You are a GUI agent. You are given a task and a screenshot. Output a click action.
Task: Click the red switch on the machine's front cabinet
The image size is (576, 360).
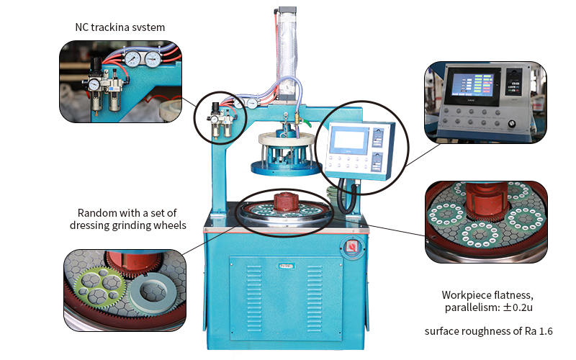pyautogui.click(x=352, y=246)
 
